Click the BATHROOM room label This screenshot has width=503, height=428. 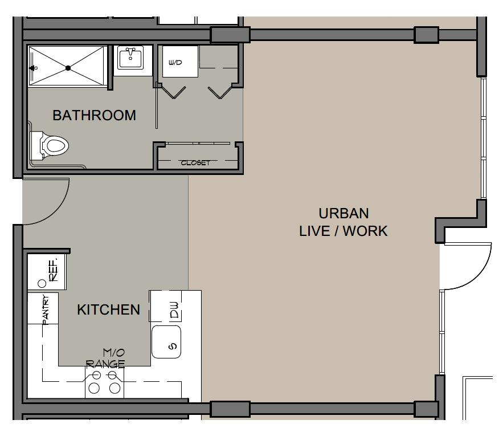pyautogui.click(x=95, y=116)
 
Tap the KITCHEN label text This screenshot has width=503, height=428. pyautogui.click(x=108, y=310)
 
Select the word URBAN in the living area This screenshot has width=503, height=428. pyautogui.click(x=343, y=213)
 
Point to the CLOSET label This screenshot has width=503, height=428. pyautogui.click(x=195, y=163)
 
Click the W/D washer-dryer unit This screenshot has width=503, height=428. pyautogui.click(x=180, y=62)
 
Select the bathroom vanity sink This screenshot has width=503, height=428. pyautogui.click(x=130, y=58)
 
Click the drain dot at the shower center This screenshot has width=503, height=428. pyautogui.click(x=68, y=68)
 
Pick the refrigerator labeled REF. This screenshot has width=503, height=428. pyautogui.click(x=47, y=271)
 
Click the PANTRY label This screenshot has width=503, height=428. pyautogui.click(x=46, y=309)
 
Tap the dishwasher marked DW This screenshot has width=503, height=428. pyautogui.click(x=166, y=307)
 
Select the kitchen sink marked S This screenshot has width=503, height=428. pyautogui.click(x=166, y=342)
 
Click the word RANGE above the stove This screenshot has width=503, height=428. pyautogui.click(x=105, y=364)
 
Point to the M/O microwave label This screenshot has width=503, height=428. pyautogui.click(x=114, y=353)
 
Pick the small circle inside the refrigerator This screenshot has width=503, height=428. pyautogui.click(x=42, y=284)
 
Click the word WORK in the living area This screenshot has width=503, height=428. pyautogui.click(x=365, y=231)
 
